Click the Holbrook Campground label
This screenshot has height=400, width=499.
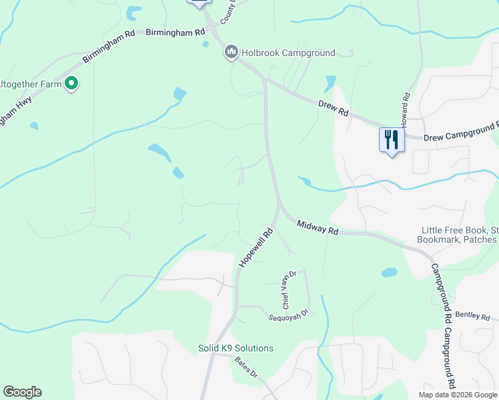click(x=288, y=53)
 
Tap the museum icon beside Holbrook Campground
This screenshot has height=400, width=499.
click(x=231, y=52)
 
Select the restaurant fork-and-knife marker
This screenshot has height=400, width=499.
click(x=392, y=140)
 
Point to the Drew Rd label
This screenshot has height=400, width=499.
click(x=334, y=109)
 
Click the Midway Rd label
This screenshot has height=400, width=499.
click(x=318, y=228)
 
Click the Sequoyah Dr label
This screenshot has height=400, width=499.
click(x=288, y=313)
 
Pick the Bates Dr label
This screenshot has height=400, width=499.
click(x=246, y=367)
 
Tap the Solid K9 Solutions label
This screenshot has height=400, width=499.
click(x=235, y=348)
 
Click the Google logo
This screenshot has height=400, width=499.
click(x=22, y=392)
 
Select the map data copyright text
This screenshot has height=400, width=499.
click(x=458, y=395)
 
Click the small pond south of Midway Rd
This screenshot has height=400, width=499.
click(x=389, y=273)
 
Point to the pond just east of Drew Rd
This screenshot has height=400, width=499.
click(x=330, y=83)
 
